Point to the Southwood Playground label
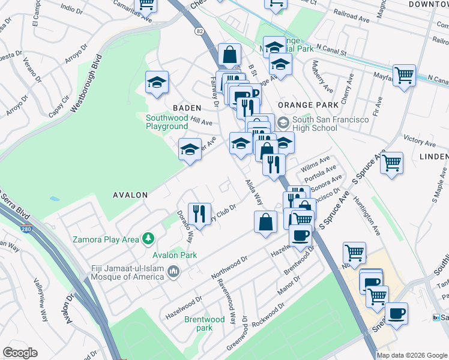(167, 122)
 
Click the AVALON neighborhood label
(130, 195)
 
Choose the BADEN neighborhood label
(187, 107)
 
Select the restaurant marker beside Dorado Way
(199, 213)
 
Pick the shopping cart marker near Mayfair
(405, 75)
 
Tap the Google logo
(20, 353)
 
